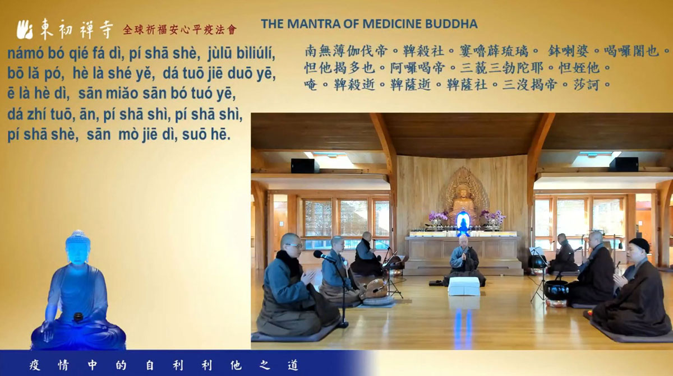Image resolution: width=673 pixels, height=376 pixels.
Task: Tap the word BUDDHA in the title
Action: [x=451, y=24]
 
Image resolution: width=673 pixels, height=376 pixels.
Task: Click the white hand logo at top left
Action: [x=25, y=29]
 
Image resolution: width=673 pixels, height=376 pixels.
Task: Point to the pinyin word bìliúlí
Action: [x=256, y=53]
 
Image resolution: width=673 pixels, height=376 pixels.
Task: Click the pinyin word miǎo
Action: [x=124, y=94]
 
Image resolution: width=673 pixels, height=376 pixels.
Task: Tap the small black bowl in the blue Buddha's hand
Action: [x=78, y=317]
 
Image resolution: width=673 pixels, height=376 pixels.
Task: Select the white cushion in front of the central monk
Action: [x=464, y=286]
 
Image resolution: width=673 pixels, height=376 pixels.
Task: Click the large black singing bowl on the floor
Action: [x=556, y=290]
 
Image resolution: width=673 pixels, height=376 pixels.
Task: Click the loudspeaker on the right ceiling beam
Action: [x=624, y=164]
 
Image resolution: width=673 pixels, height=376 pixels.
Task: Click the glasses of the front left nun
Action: [x=294, y=245]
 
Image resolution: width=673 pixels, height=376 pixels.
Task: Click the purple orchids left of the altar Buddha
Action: [x=438, y=216]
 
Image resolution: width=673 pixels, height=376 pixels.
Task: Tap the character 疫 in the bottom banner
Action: [x=35, y=365]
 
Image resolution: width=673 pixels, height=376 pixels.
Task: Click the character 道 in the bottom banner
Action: [x=293, y=365]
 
